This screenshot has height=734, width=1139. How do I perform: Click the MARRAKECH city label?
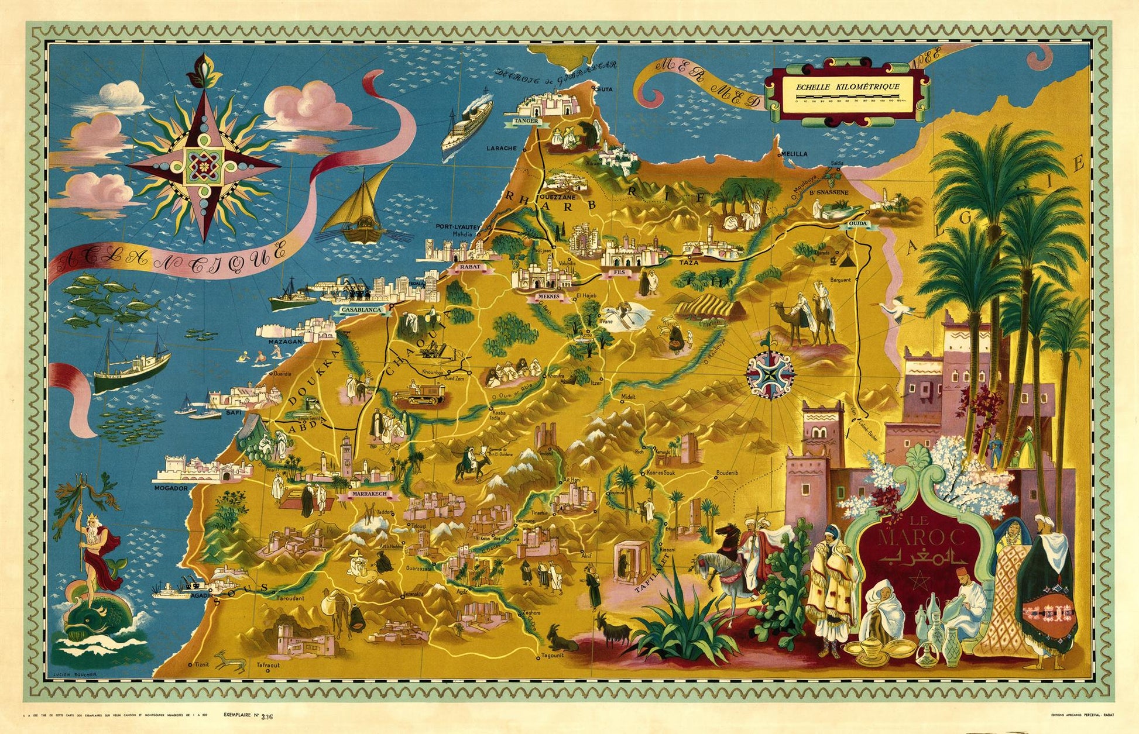point(368,494)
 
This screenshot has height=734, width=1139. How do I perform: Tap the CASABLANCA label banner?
point(363,309)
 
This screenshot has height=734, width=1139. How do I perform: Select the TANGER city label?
point(525,121)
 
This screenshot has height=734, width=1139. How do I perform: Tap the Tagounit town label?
point(552,656)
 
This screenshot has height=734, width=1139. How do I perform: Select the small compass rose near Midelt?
point(770,372)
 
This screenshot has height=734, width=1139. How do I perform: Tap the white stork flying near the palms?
point(897,308)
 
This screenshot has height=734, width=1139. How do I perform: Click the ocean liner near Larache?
point(466,125)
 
